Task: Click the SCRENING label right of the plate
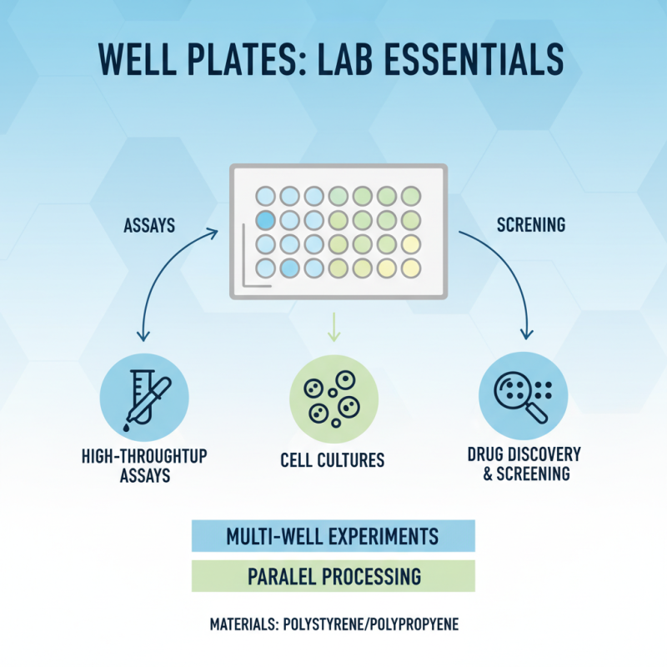coord(530,224)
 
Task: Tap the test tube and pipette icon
coord(143,395)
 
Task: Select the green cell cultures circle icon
coord(333,395)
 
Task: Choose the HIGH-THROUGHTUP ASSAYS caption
coord(145,466)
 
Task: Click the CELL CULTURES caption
coord(333,459)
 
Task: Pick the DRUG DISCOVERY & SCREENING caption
coord(524,464)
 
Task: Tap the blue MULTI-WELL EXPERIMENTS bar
coord(333,535)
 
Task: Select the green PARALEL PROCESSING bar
coord(333,576)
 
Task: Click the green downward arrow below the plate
coord(333,327)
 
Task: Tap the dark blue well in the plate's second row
coord(264,221)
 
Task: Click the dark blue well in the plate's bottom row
coord(288,268)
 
